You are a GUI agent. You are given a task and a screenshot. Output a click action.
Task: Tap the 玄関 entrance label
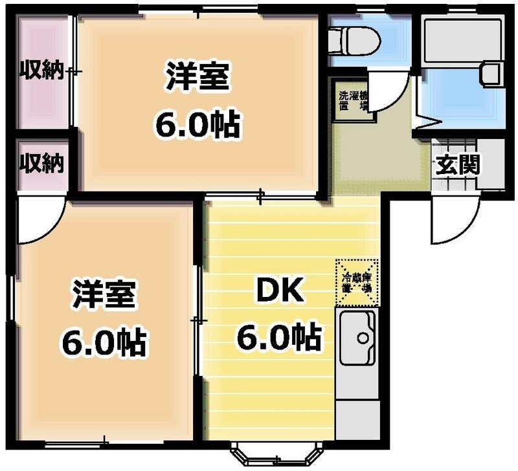[457, 166]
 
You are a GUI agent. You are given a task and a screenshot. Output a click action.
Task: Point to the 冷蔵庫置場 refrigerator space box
[356, 282]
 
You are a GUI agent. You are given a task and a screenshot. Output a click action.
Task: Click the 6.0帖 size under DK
[278, 336]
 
